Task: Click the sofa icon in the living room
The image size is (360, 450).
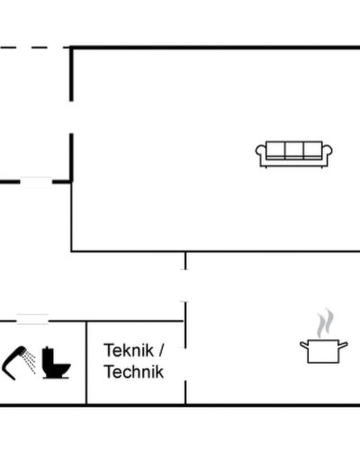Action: pyautogui.click(x=293, y=154)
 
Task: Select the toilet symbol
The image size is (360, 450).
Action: pyautogui.click(x=56, y=363)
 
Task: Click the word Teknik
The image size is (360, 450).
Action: pyautogui.click(x=129, y=350)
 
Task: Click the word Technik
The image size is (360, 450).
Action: pyautogui.click(x=134, y=372)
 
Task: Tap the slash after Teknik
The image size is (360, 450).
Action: pyautogui.click(x=161, y=350)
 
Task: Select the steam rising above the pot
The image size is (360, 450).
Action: pyautogui.click(x=325, y=323)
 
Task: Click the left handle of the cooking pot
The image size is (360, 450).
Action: pyautogui.click(x=304, y=345)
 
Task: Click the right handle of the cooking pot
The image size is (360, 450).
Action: pyautogui.click(x=343, y=345)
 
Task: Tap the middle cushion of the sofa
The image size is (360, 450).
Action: pyautogui.click(x=294, y=149)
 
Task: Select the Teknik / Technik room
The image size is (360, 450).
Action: pyautogui.click(x=136, y=363)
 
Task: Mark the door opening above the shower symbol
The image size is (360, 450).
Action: pyautogui.click(x=32, y=319)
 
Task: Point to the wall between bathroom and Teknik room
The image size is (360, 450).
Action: pyautogui.click(x=86, y=363)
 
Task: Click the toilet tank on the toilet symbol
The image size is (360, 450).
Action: pyautogui.click(x=48, y=355)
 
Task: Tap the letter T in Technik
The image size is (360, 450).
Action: pyautogui.click(x=108, y=372)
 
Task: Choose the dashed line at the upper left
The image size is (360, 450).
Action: pyautogui.click(x=34, y=48)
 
